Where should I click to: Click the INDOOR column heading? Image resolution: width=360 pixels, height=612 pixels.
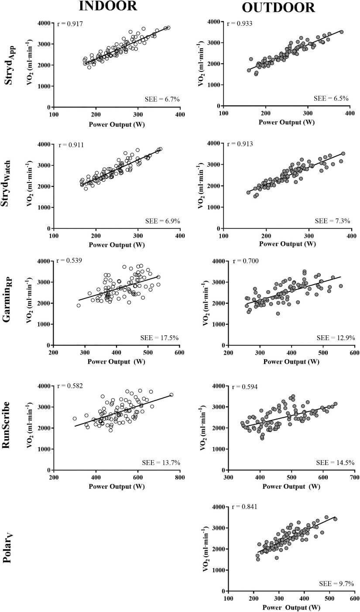pos(108,6)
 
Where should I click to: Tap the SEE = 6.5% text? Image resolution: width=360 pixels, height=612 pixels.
pos(332,99)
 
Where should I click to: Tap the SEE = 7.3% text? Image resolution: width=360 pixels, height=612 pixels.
pos(332,221)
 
